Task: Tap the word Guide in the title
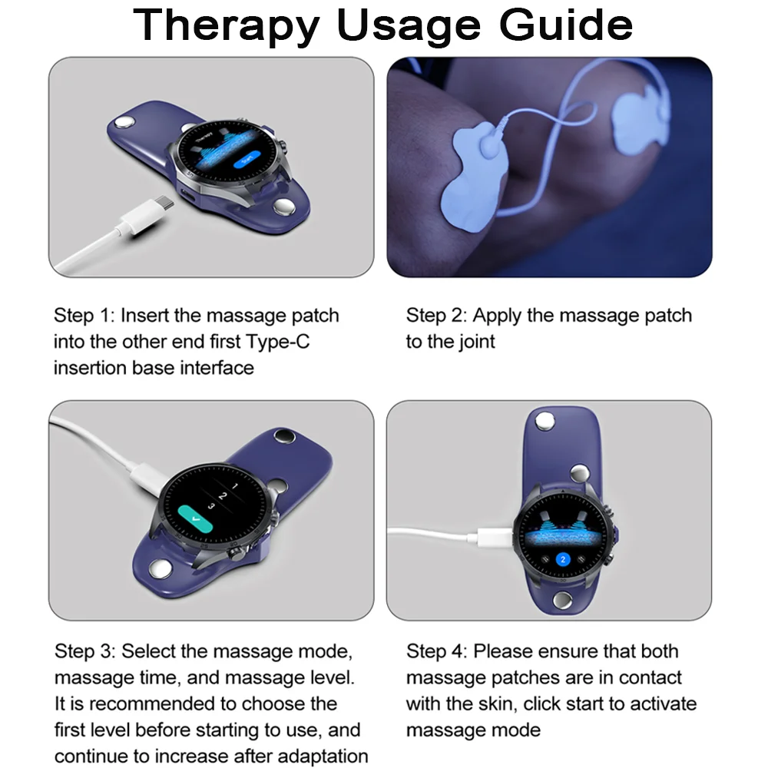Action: pos(566,25)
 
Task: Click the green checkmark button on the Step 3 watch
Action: pos(195,518)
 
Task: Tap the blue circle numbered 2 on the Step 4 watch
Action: pos(563,559)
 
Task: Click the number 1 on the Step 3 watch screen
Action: pos(234,486)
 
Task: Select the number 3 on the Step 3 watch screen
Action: pos(211,506)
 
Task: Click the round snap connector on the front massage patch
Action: pos(491,145)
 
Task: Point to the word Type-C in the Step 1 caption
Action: pos(278,342)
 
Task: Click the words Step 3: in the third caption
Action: pos(85,652)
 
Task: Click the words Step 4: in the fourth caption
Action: pos(437,652)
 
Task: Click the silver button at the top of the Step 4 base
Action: pos(545,421)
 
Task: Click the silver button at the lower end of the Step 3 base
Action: pos(160,569)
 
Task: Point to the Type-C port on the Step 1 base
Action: pos(187,195)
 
